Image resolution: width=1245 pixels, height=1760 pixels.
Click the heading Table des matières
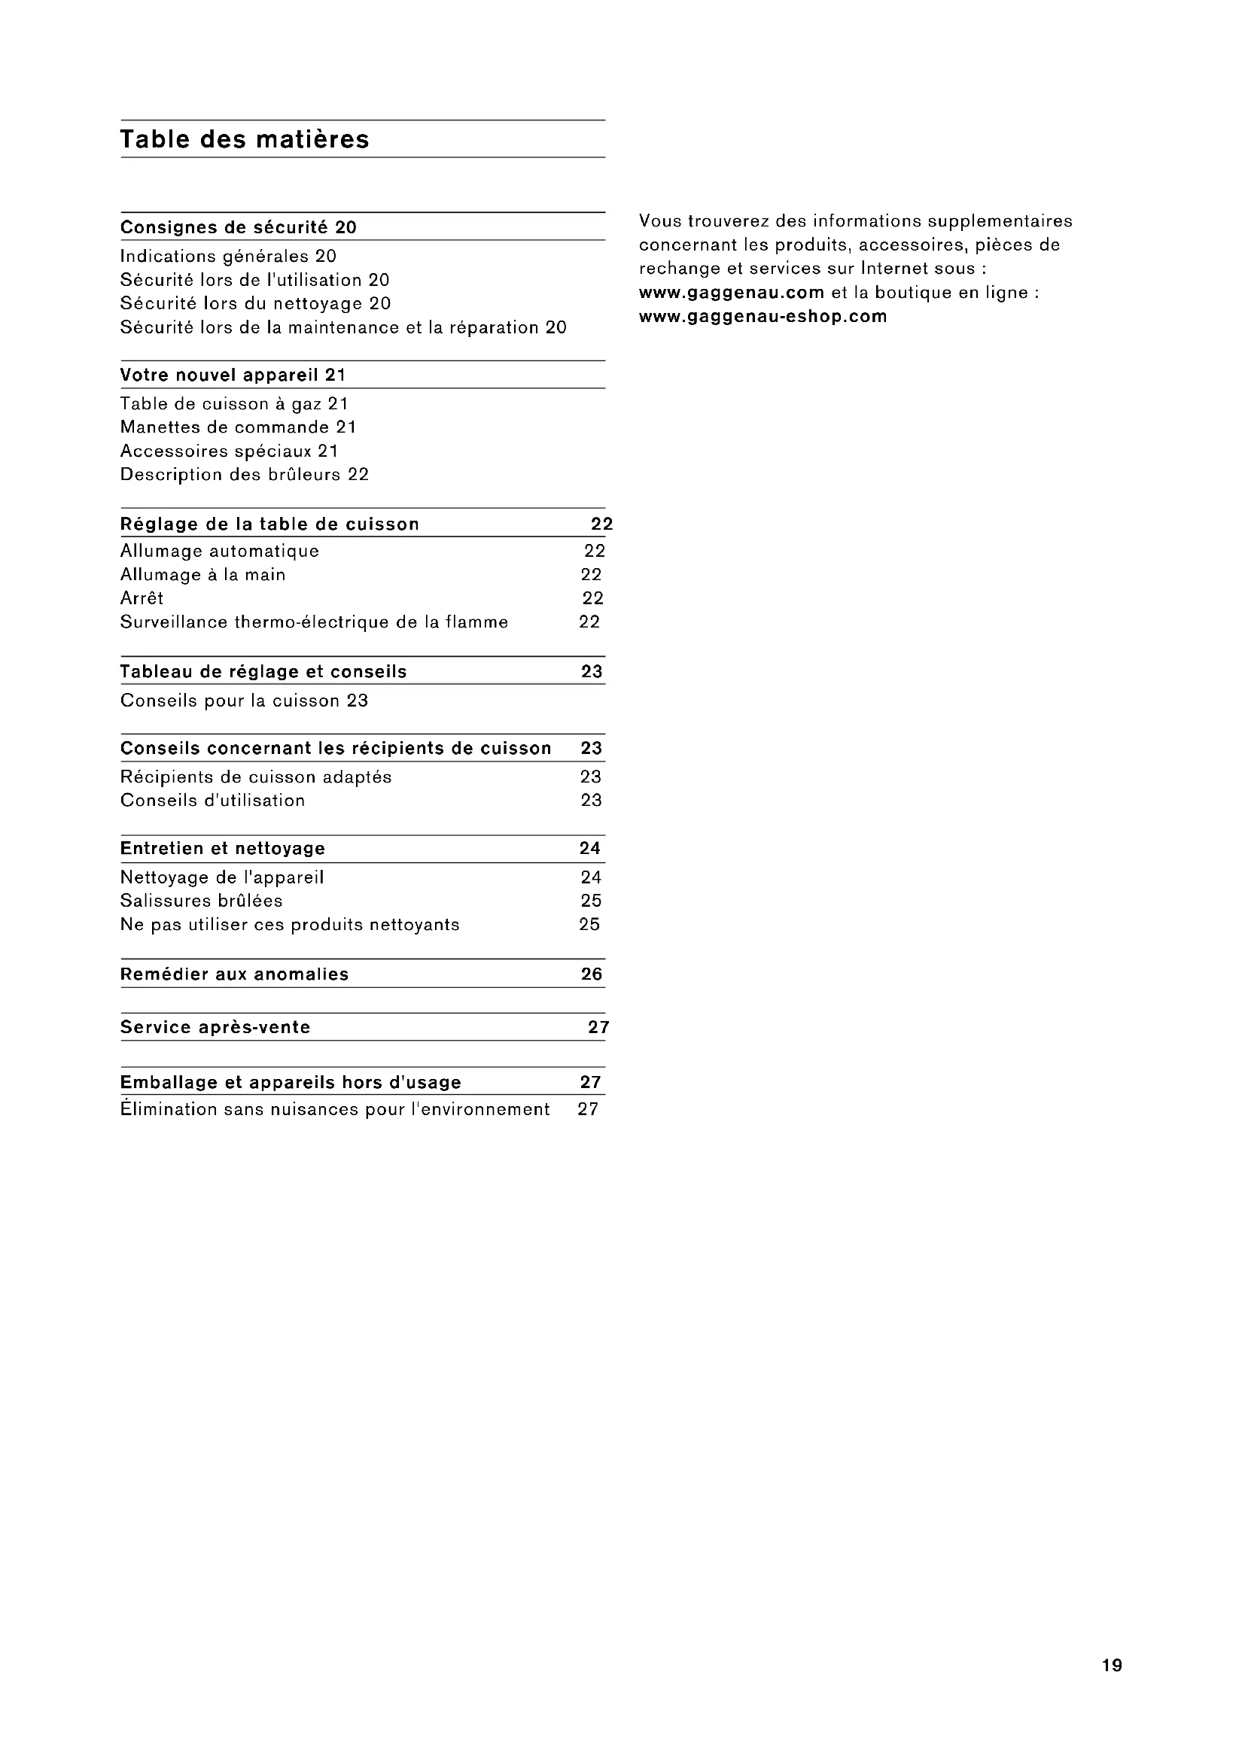245,139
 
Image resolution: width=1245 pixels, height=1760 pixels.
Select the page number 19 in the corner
1112,1665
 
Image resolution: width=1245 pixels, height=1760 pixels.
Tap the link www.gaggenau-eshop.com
763,317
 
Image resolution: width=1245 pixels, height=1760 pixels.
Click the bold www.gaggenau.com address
732,293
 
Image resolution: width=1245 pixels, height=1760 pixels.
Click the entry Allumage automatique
220,551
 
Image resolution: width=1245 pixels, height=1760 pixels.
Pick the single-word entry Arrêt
142,599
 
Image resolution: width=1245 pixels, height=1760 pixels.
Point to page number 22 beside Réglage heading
602,524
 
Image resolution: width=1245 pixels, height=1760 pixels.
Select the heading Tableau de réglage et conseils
263,672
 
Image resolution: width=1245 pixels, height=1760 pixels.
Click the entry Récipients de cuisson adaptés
256,777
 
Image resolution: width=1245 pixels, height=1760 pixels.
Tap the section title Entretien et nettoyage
223,849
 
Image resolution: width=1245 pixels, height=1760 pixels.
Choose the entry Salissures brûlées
202,901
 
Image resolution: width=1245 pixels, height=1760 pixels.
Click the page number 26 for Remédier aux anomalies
591,974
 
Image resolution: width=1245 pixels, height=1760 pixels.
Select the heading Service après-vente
215,1028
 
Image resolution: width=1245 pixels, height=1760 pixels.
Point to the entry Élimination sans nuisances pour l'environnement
335,1110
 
